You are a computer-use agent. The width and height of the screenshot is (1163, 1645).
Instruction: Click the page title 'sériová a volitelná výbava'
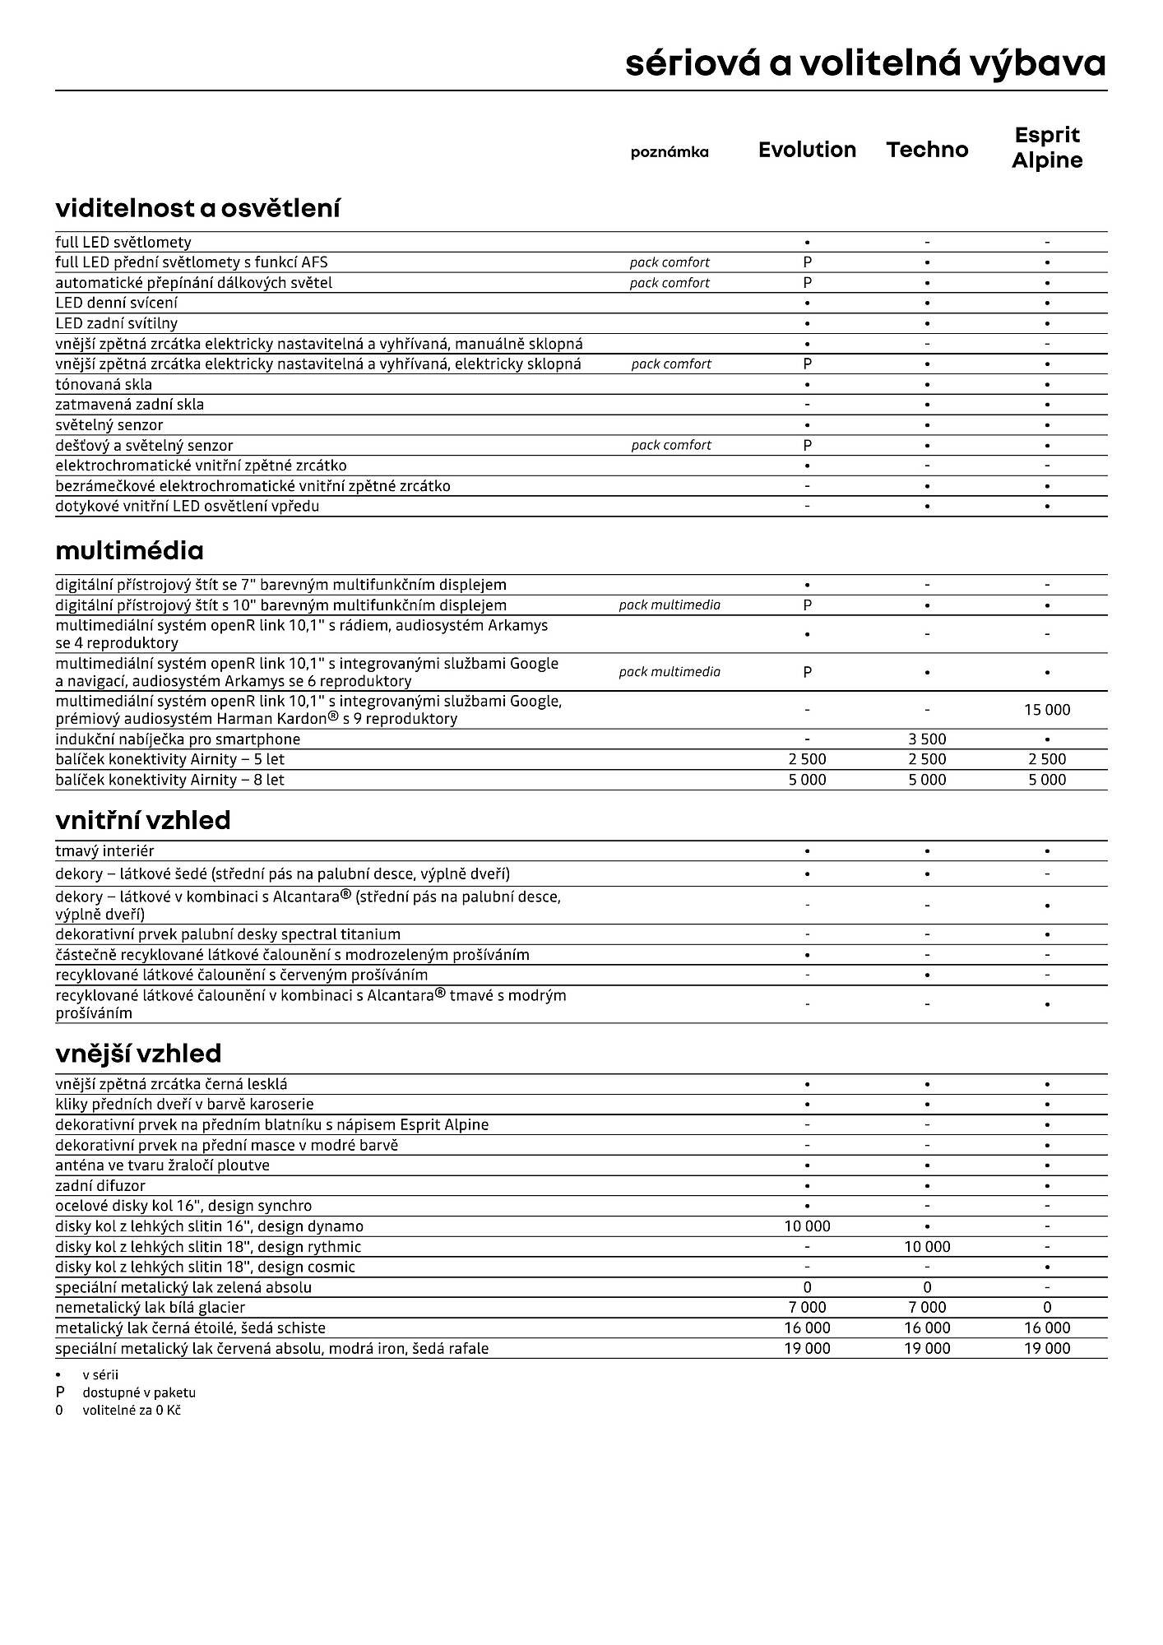coord(865,63)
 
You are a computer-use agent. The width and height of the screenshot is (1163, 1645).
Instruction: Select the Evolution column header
coord(807,150)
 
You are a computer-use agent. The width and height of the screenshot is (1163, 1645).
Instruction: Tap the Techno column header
coord(927,150)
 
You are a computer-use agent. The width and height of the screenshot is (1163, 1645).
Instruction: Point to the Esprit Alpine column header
coord(1047,147)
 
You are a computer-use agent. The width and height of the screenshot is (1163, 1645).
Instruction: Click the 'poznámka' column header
coord(670,152)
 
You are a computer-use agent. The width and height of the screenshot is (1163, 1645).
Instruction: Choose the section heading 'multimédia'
coord(129,550)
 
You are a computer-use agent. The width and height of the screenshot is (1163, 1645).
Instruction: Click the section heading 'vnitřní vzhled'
coord(143,820)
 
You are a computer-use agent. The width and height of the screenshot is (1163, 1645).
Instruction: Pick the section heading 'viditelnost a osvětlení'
coord(197,208)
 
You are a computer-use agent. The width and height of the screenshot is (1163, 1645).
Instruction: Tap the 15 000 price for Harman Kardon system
coord(1047,710)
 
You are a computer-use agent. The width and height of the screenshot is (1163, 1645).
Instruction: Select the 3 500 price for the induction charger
coord(927,739)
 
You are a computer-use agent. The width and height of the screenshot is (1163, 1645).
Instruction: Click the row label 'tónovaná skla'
coord(104,384)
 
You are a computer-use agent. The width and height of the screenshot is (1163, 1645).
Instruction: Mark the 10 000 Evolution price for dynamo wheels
coord(807,1226)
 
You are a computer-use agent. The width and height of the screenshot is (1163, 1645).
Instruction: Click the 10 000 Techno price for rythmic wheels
coord(927,1247)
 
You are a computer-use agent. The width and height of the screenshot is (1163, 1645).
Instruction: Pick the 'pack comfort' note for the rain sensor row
coord(671,445)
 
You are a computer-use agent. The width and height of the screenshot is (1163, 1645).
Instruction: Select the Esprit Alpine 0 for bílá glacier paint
coord(1047,1307)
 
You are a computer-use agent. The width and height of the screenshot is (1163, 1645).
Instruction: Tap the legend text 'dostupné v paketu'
coord(138,1392)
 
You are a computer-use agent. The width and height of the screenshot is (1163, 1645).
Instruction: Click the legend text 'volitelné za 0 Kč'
coord(132,1410)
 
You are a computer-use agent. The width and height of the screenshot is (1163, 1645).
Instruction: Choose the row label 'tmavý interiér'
coord(104,850)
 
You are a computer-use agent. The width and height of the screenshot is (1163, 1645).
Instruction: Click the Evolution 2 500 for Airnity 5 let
coord(807,759)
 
